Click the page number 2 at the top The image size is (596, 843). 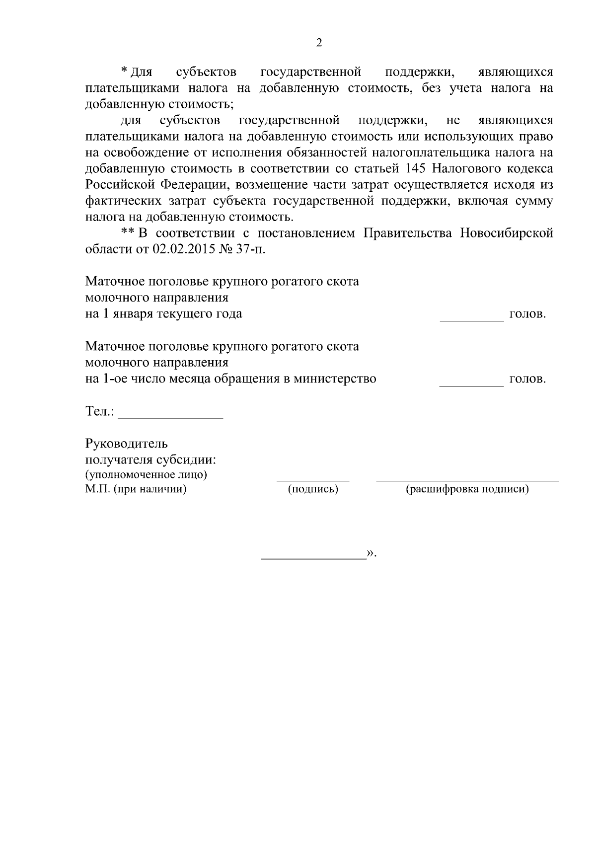(319, 43)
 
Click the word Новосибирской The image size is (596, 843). (507, 233)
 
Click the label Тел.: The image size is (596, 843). (100, 411)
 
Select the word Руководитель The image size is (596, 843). (127, 444)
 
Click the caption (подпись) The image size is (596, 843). (313, 489)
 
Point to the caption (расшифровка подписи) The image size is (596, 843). (467, 489)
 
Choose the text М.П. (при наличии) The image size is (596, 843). (136, 489)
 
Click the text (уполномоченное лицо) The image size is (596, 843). (146, 474)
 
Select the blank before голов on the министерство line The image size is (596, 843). (471, 385)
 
